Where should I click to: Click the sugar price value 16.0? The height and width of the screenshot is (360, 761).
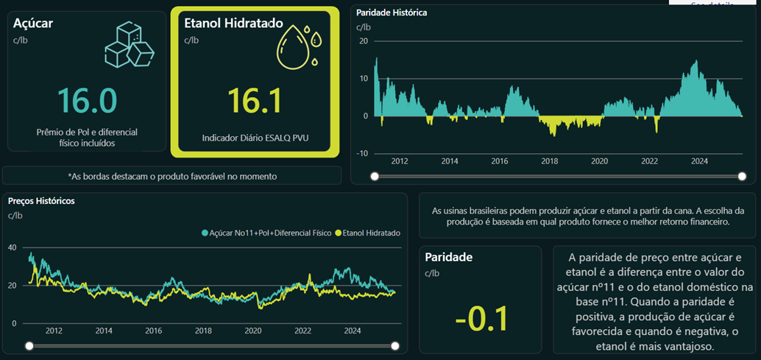tap(86, 100)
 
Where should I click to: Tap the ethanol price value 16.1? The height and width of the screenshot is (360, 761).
tap(255, 100)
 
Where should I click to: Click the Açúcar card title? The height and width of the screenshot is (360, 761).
tap(33, 23)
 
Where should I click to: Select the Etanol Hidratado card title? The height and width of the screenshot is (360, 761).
tap(233, 23)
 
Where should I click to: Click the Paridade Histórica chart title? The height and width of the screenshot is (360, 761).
tap(392, 13)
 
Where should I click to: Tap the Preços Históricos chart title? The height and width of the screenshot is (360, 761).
tap(41, 200)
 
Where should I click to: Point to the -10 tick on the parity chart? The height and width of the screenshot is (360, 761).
tap(362, 153)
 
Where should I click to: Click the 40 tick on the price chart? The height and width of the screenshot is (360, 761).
tap(13, 247)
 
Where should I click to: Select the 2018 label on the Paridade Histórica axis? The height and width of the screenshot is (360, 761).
tap(550, 161)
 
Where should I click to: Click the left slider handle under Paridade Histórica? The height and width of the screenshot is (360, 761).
tap(375, 176)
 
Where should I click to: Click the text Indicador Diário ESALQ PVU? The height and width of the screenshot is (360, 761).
tap(255, 138)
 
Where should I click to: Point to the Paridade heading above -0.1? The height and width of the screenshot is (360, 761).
tap(449, 258)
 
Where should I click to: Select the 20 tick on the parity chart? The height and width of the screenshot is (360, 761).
tap(364, 40)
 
